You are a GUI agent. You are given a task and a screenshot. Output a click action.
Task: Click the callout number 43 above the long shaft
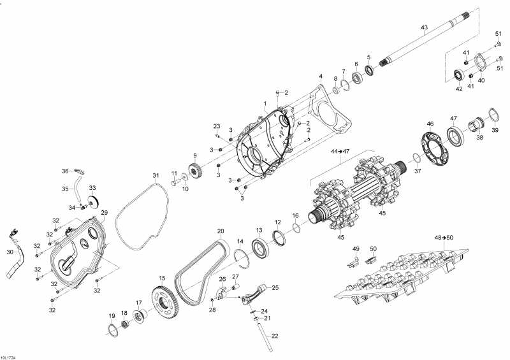point(424,27)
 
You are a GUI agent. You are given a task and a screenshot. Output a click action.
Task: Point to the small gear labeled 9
point(196,170)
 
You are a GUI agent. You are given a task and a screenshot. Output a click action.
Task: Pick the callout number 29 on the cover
point(104,213)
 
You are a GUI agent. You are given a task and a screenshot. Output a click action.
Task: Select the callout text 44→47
point(340,151)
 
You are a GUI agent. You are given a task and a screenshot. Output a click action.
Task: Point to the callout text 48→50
point(444,238)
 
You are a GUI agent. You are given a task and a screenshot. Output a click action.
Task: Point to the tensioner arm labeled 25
point(254,294)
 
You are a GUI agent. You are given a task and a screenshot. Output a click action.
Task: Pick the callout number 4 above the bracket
point(321,76)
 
